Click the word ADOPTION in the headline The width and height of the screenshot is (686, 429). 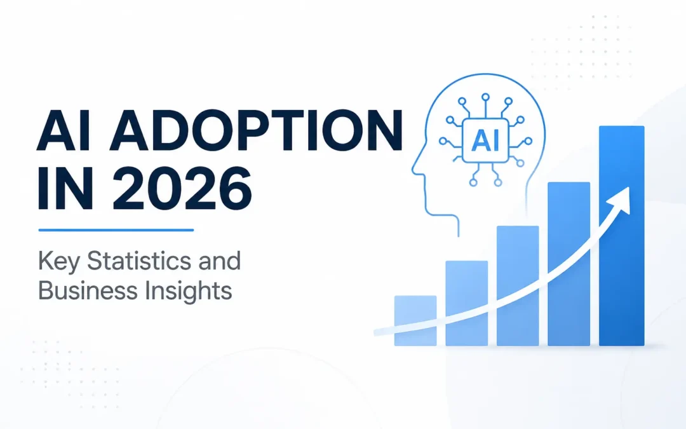pyautogui.click(x=257, y=130)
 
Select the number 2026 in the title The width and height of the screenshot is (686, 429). pyautogui.click(x=182, y=189)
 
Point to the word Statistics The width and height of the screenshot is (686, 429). pyautogui.click(x=139, y=261)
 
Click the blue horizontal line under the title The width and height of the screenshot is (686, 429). pyautogui.click(x=116, y=230)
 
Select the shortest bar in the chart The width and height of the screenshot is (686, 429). pyautogui.click(x=415, y=320)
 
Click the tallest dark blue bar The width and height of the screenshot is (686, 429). pyautogui.click(x=622, y=236)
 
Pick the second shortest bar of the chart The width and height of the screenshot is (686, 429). pyautogui.click(x=466, y=303)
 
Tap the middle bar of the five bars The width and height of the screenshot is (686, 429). pyautogui.click(x=518, y=286)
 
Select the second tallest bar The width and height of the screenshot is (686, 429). pyautogui.click(x=568, y=264)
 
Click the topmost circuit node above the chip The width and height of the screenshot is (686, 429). pyautogui.click(x=485, y=97)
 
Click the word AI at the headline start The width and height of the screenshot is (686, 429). pyautogui.click(x=64, y=130)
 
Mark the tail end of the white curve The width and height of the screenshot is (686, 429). pyautogui.click(x=376, y=332)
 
